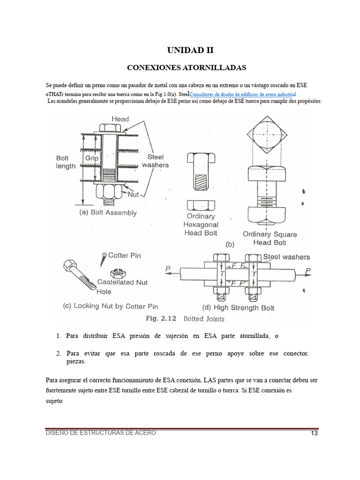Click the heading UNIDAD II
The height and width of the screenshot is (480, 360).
[190, 50]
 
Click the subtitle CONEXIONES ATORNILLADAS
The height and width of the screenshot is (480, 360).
[187, 67]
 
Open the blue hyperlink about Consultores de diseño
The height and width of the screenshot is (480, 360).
[243, 94]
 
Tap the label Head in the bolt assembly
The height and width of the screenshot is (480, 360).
[120, 119]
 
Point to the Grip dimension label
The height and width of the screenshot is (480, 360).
[91, 158]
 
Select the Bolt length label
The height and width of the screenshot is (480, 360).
[66, 162]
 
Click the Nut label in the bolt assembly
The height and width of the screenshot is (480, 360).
[133, 194]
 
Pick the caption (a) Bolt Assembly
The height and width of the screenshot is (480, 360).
[108, 213]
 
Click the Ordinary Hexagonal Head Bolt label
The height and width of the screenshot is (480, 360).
[201, 225]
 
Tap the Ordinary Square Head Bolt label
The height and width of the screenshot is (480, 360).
[270, 239]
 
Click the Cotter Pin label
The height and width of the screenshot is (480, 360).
[124, 255]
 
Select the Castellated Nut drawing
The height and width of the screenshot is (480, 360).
[116, 272]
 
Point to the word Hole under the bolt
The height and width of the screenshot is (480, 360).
[104, 292]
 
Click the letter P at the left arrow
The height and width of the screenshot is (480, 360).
[168, 269]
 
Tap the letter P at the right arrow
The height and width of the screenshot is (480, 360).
[308, 270]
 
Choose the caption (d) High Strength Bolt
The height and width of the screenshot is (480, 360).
[238, 307]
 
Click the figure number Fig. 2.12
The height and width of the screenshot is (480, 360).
[161, 318]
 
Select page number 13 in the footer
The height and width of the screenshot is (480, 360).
[314, 433]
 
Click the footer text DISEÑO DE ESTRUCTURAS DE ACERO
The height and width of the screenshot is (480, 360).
[101, 433]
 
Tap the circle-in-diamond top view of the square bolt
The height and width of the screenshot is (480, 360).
[267, 134]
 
